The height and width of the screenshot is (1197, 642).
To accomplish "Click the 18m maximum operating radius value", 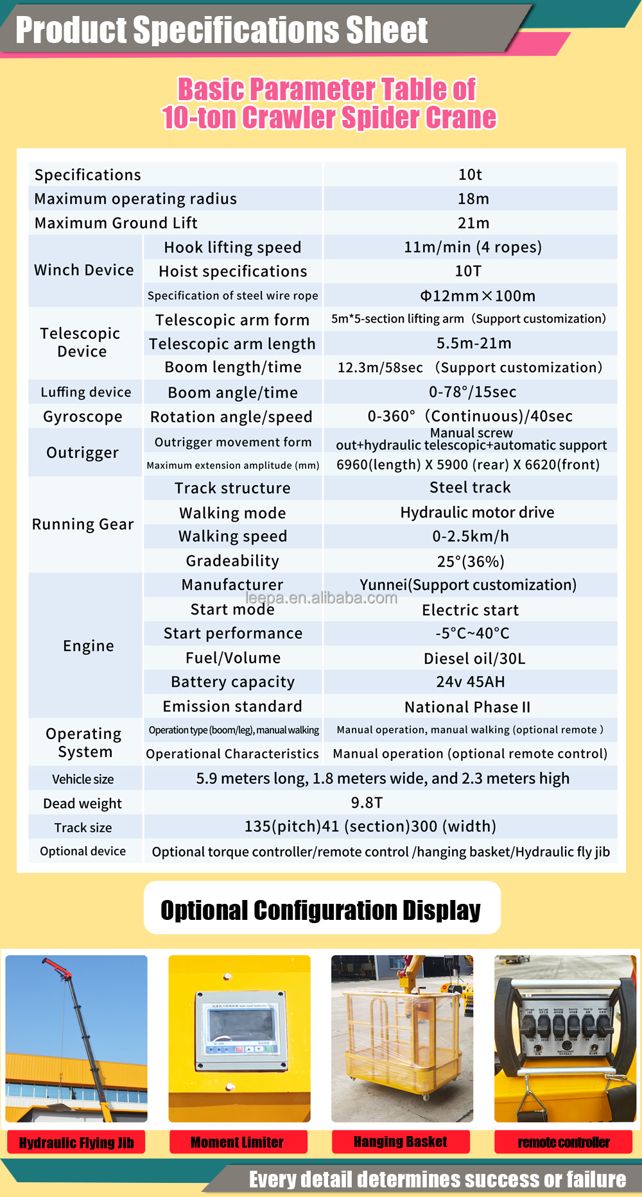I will pos(473,199).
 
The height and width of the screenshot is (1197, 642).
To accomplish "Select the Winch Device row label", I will pos(84,270).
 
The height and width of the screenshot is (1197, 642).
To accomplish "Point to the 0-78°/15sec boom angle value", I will pos(473,392).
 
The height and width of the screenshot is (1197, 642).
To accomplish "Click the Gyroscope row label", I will pos(83,417).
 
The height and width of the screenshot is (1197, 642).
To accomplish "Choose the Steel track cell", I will pos(470,488).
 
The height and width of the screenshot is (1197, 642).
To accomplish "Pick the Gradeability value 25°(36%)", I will pos(471,561).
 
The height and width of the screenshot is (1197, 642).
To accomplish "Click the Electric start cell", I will pos(470,610).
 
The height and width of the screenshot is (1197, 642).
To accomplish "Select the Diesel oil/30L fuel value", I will pos(474,659).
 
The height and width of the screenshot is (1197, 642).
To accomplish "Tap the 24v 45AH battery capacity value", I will pos(471,682).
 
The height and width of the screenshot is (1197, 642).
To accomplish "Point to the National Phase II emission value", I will pos(467,707).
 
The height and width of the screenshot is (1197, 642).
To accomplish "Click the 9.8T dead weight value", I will pos(367,802).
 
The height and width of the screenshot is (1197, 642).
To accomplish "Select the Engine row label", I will pos(89,646).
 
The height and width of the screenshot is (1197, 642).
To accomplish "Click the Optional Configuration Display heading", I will pos(321,910).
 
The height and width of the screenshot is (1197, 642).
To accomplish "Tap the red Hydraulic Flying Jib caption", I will pos(76,1142).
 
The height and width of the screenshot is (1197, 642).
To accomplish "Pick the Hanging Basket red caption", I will pos(401,1142).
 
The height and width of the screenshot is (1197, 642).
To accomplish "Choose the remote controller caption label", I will pos(564,1142).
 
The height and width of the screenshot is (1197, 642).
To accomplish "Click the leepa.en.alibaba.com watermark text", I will pos(321,598).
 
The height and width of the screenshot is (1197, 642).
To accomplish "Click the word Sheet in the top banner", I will pos(386,30).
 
